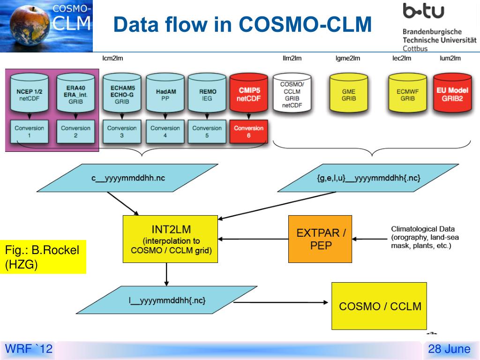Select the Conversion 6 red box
248,132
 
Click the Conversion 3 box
122,132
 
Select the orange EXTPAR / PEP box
320,239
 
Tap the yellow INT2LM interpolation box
170,239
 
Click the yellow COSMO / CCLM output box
379,306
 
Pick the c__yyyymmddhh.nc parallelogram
127,178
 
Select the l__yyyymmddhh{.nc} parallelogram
166,300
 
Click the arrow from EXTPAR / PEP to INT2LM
253,239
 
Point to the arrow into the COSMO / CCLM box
281,302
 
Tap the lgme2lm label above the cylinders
348,58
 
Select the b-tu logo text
423,11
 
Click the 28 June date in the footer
449,349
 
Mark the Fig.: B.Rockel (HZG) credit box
43,257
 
